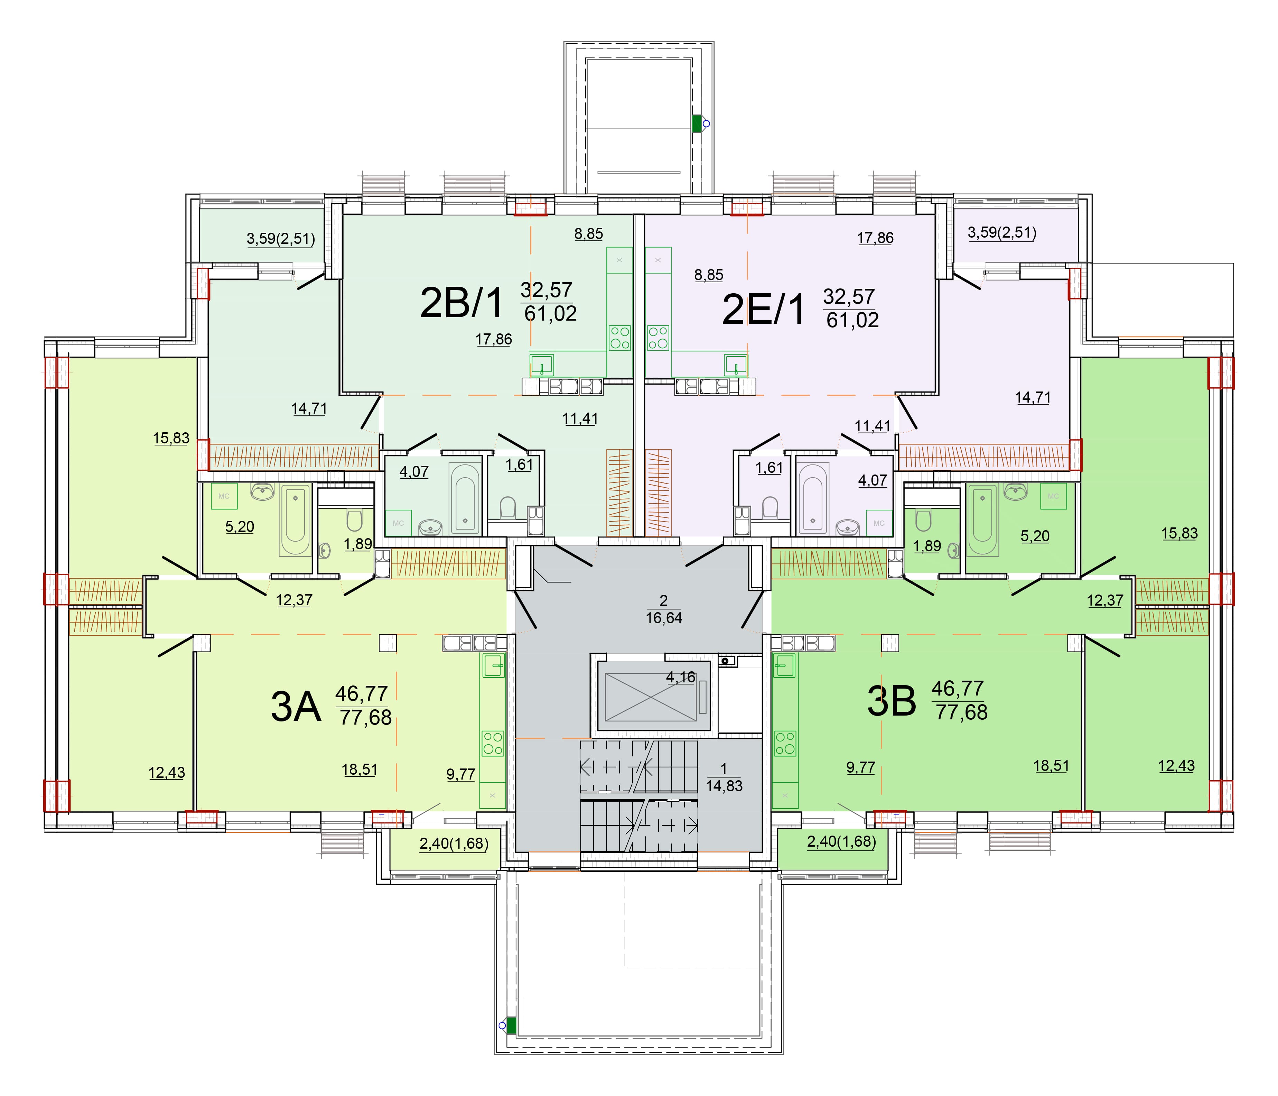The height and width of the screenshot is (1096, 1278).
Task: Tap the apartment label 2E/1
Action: (764, 309)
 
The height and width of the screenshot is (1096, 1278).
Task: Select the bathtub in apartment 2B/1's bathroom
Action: (465, 498)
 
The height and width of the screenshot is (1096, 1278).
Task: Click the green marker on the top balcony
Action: (698, 123)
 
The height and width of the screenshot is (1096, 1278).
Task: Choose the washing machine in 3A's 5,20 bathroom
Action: (224, 496)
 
